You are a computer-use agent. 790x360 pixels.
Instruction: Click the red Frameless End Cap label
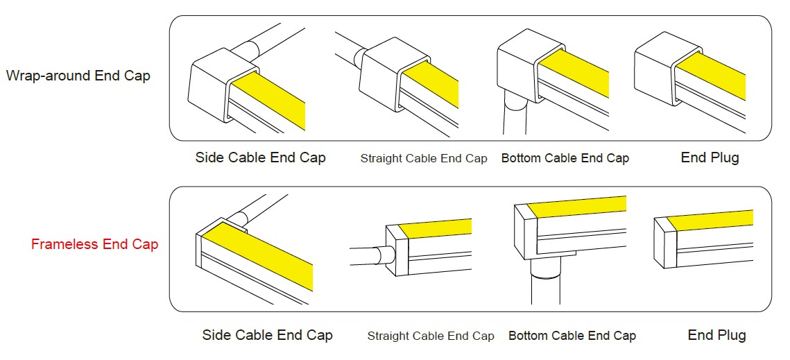pos(95,245)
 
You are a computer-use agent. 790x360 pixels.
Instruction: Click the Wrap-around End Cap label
pos(78,76)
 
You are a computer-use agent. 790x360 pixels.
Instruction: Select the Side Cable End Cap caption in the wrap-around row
pos(261,158)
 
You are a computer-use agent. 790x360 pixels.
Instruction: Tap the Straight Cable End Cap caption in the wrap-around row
pos(424,159)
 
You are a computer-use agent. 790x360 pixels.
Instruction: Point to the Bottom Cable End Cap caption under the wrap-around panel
pos(565,158)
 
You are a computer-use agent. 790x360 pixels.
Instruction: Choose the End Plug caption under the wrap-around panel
pos(710,158)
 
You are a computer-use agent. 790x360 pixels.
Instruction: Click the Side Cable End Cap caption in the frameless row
pos(268,335)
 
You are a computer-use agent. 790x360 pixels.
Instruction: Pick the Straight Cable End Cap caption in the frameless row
pos(431,336)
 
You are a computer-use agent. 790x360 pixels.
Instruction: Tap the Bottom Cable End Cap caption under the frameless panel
pos(572,336)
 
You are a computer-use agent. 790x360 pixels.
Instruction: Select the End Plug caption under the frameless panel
pos(717,335)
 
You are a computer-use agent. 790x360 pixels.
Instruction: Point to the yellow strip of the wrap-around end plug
pos(710,74)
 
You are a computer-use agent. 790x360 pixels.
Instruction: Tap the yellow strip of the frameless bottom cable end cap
pos(576,207)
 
